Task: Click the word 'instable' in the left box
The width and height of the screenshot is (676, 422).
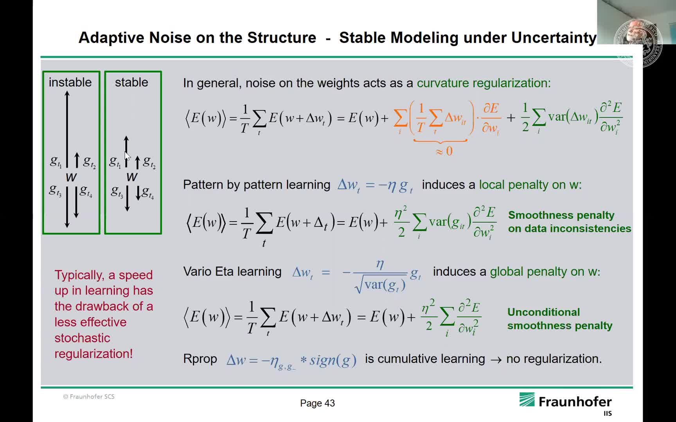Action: click(70, 82)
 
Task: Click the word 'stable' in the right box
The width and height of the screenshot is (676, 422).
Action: click(131, 82)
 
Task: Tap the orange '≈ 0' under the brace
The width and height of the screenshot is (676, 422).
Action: click(444, 151)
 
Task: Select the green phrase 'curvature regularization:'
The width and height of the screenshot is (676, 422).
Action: click(484, 83)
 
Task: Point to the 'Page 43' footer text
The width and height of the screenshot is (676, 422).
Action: click(317, 403)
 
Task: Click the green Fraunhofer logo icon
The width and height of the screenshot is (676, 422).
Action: click(527, 400)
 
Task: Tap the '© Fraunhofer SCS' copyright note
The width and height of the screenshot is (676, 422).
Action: click(89, 397)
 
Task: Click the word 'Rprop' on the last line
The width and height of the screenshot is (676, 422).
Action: click(200, 359)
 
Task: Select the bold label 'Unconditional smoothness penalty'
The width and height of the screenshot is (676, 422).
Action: click(559, 319)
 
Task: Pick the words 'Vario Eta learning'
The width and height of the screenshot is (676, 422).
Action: click(232, 271)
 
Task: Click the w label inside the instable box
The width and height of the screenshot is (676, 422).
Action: click(71, 177)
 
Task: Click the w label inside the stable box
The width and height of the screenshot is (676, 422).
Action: click(132, 177)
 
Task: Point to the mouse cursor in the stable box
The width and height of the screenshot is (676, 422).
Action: click(128, 156)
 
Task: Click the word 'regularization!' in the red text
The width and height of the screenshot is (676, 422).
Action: click(93, 354)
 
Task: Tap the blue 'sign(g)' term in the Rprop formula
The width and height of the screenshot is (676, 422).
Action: click(333, 360)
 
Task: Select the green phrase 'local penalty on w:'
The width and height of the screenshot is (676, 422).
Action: click(530, 184)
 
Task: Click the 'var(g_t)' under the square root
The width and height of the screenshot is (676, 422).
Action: click(385, 285)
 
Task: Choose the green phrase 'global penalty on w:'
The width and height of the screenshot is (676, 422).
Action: click(545, 272)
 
